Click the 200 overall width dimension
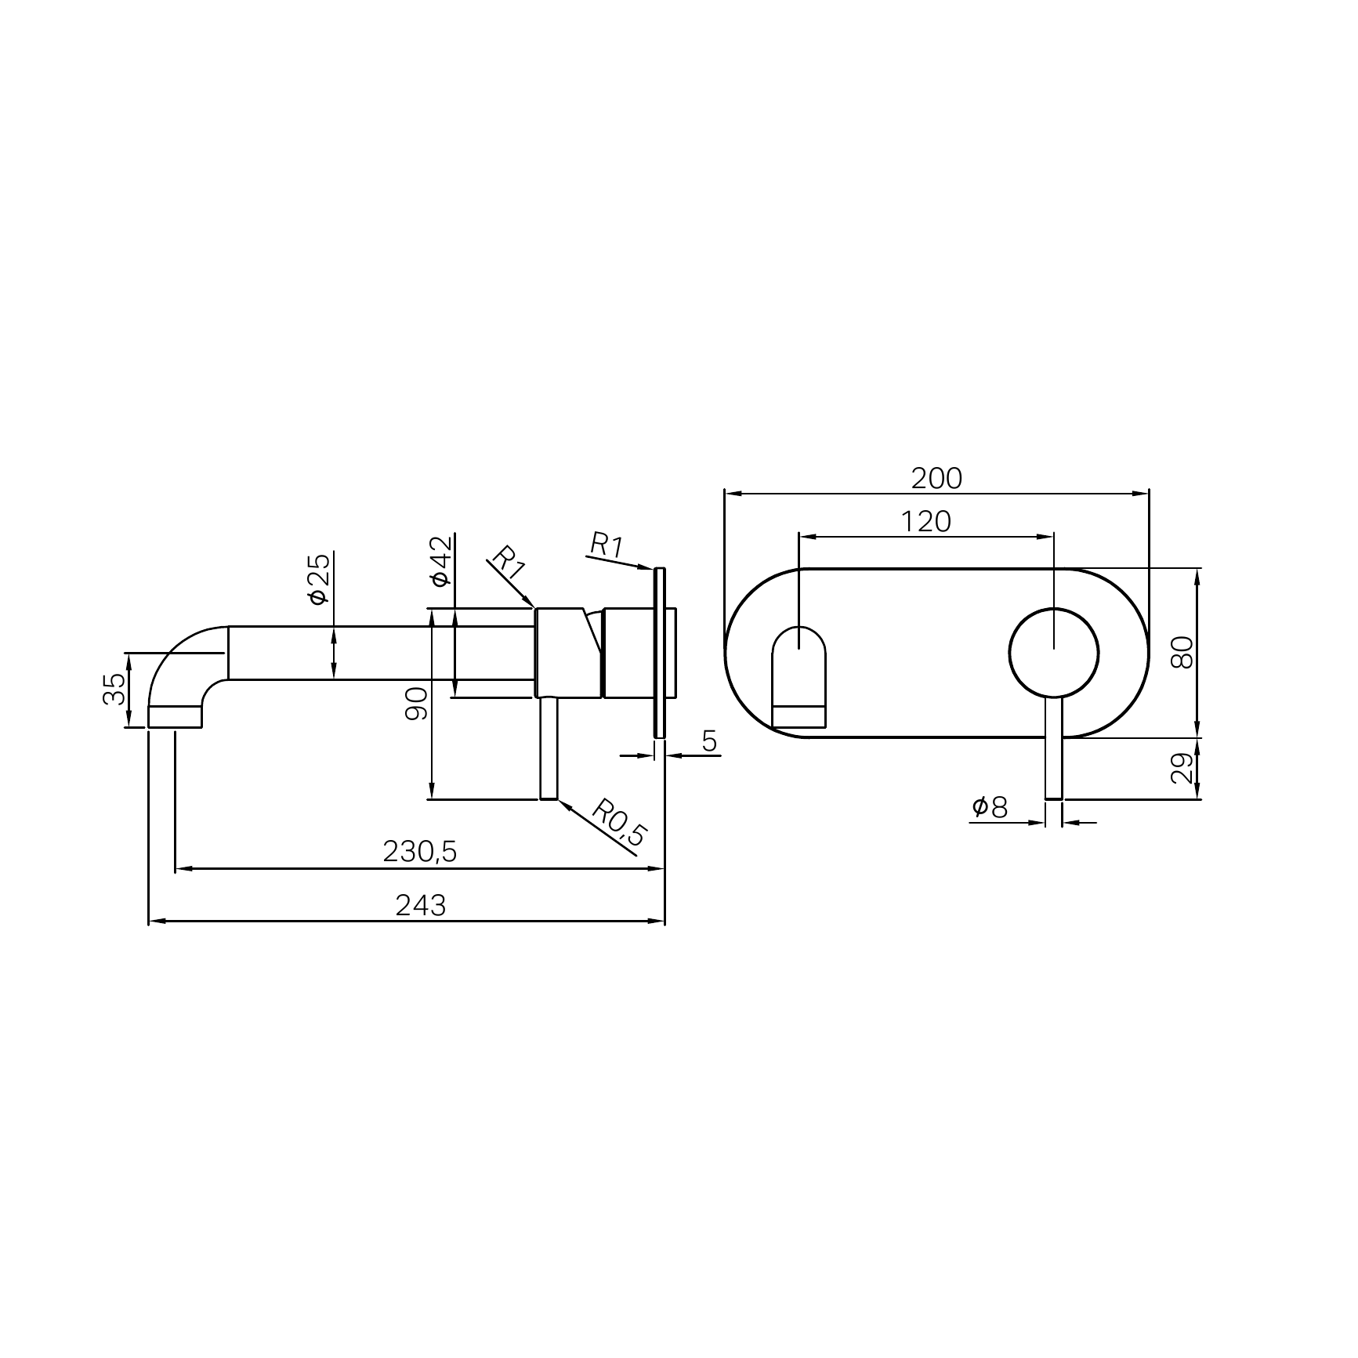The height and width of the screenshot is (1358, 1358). (936, 478)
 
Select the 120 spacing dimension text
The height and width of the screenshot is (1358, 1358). (925, 521)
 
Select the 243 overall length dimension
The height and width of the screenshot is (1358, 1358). (420, 906)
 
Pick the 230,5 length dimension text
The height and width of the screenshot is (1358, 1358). (419, 852)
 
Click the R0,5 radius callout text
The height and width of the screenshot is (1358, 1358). (618, 823)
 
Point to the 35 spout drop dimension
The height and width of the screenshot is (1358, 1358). (114, 689)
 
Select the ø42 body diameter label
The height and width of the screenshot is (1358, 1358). (441, 561)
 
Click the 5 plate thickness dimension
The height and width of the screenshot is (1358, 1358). (709, 741)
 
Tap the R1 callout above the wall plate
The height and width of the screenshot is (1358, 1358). (606, 545)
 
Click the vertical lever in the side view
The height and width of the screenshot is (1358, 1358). (549, 748)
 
